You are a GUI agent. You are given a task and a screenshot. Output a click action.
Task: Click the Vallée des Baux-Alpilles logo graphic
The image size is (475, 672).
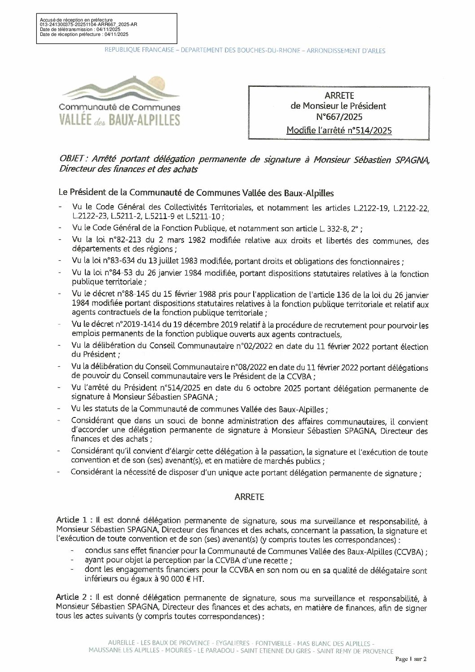120,101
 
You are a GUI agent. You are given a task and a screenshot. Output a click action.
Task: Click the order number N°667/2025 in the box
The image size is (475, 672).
339,118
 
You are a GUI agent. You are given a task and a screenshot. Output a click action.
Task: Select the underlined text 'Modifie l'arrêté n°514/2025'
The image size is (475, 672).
339,131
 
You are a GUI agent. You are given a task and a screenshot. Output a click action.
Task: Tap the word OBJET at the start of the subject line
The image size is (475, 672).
74,159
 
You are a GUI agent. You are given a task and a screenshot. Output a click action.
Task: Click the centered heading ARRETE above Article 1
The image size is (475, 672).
249,497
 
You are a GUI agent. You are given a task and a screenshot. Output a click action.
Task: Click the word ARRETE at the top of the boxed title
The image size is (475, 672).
339,96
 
